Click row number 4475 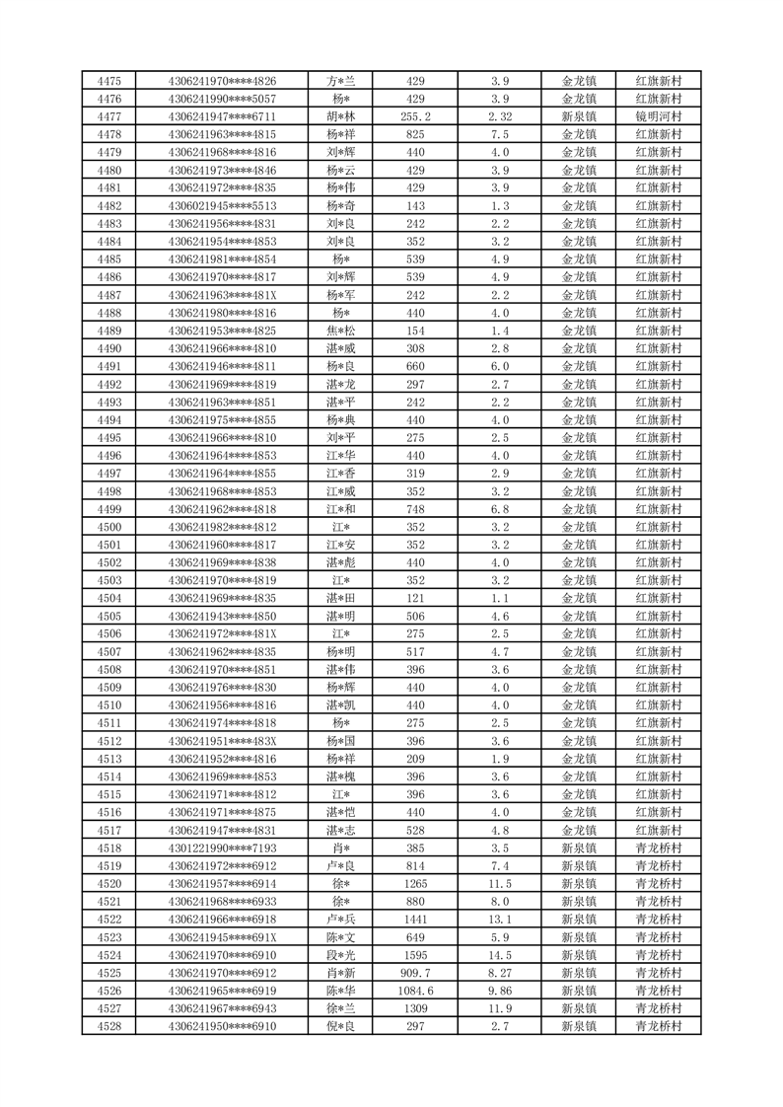[109, 82]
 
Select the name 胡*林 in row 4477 [342, 117]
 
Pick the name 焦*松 [342, 331]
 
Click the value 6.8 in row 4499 [500, 508]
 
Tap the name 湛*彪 [342, 561]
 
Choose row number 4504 [109, 597]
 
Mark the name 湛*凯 [342, 704]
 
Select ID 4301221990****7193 [223, 848]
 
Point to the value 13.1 [500, 919]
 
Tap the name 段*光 [342, 954]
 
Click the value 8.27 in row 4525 [500, 972]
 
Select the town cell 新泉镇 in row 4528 [579, 1026]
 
